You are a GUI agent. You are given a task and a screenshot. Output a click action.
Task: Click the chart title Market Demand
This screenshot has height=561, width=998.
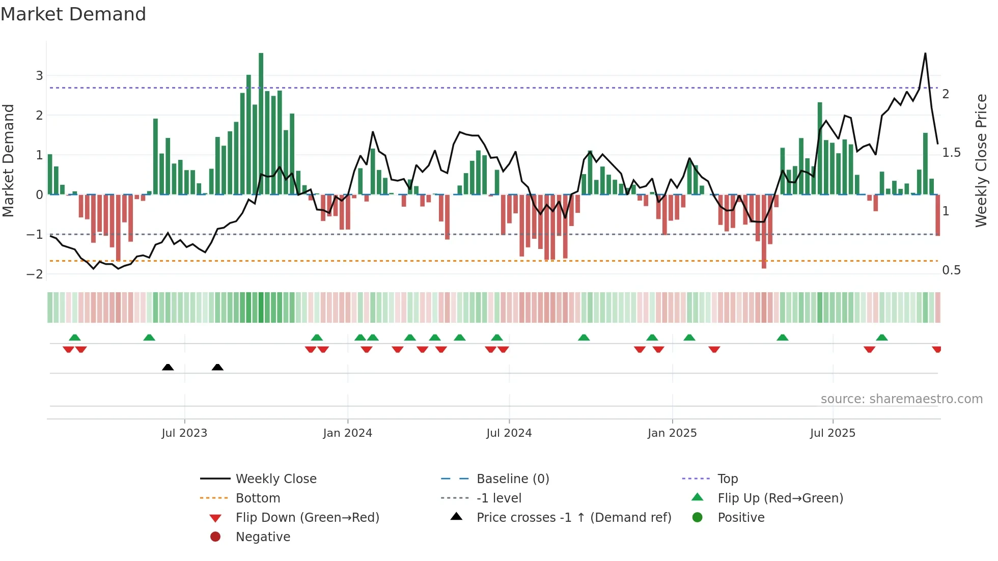click(x=73, y=14)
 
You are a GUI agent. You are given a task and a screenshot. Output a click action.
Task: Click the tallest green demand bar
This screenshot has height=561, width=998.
click(x=261, y=122)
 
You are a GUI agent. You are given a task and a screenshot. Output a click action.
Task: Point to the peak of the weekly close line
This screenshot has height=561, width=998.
click(x=925, y=53)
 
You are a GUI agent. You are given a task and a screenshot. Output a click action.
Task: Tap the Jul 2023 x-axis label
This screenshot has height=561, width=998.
click(x=184, y=433)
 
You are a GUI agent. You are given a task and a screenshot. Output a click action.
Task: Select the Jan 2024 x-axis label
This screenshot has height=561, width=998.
click(x=347, y=433)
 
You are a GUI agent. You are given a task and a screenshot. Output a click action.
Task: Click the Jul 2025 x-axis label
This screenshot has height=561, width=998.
click(x=833, y=433)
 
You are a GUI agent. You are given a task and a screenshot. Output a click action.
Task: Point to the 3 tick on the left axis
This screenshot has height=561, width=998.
click(x=39, y=76)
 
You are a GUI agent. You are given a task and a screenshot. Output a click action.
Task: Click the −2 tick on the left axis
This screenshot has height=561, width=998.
click(x=35, y=274)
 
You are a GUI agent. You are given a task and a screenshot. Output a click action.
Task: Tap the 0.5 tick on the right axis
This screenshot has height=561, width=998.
click(x=951, y=270)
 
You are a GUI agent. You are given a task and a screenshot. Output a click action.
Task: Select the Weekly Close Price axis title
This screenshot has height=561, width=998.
click(x=981, y=160)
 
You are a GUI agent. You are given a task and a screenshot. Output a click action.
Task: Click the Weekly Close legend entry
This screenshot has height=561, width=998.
click(x=275, y=479)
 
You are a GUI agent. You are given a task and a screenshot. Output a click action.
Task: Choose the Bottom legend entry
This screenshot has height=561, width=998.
click(x=258, y=498)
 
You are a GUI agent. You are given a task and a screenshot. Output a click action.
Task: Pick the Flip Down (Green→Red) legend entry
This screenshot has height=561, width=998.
click(x=307, y=518)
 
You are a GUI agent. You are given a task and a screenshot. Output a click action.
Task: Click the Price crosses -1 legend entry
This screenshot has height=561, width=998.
click(x=573, y=518)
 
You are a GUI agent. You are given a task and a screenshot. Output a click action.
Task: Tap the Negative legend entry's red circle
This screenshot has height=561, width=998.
click(x=215, y=537)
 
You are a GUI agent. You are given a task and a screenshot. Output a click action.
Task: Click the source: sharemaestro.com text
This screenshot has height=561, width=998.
click(x=901, y=399)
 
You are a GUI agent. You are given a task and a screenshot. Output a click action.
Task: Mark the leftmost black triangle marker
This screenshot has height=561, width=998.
click(x=168, y=367)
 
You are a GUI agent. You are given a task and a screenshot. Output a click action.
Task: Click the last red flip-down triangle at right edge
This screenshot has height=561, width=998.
click(x=936, y=349)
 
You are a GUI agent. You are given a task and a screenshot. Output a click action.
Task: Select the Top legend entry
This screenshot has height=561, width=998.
click(x=727, y=479)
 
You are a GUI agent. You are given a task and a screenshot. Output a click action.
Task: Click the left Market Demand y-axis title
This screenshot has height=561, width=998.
click(x=9, y=160)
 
